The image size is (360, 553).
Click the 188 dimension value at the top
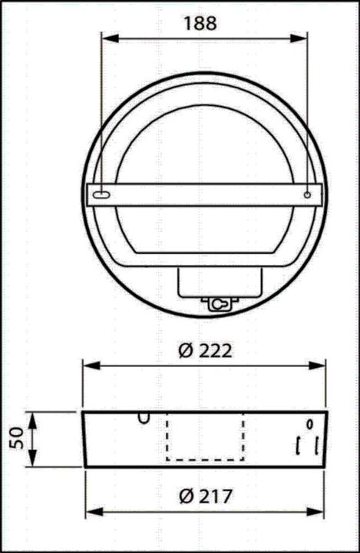pyautogui.click(x=200, y=23)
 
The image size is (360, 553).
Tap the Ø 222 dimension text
pyautogui.click(x=204, y=351)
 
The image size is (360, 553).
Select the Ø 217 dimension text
pyautogui.click(x=204, y=495)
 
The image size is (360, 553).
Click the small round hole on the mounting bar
pyautogui.click(x=306, y=195)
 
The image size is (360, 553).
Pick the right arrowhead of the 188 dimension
pyautogui.click(x=304, y=39)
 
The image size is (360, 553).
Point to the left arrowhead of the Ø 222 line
pyautogui.click(x=88, y=366)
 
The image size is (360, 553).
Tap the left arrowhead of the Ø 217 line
pyautogui.click(x=90, y=511)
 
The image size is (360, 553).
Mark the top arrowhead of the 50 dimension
pyautogui.click(x=32, y=416)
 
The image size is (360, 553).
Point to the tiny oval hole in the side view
pyautogui.click(x=309, y=423)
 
